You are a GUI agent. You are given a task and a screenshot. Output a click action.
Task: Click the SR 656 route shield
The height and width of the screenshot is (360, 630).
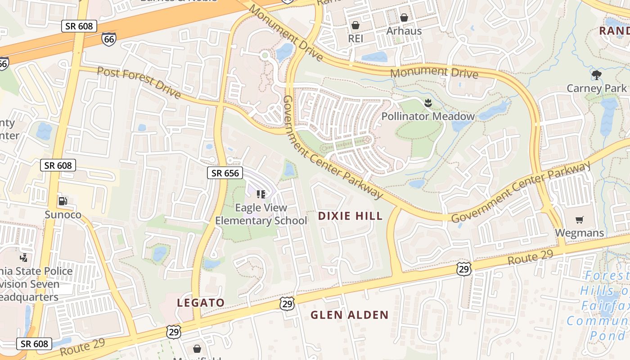(x=225, y=172)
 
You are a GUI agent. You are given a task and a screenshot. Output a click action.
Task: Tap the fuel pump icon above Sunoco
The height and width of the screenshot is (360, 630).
(x=63, y=201)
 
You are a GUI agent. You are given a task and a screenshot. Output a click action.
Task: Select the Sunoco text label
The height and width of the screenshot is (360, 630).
(x=63, y=215)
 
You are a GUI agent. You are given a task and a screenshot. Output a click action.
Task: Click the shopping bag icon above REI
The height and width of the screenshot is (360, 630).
(x=355, y=25)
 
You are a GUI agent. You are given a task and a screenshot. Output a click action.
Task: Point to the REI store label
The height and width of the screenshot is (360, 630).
(x=355, y=39)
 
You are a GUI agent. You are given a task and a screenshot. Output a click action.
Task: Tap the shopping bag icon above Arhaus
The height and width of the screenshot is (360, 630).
(x=404, y=18)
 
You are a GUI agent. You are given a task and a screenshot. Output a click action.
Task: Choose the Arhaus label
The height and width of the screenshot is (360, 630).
(x=404, y=31)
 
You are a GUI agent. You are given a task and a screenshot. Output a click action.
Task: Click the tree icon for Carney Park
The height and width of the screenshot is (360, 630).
(x=597, y=75)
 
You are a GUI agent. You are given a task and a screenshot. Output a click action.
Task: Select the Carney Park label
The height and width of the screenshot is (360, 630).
(x=596, y=88)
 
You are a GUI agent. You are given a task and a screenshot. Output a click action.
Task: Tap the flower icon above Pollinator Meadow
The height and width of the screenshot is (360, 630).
(x=428, y=103)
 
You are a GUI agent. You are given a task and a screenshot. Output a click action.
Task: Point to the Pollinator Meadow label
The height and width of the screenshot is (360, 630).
(x=428, y=117)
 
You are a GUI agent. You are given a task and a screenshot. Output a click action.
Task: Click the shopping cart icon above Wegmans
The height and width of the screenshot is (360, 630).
(x=579, y=220)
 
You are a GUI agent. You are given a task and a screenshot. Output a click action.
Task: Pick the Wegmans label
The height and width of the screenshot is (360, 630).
(x=579, y=233)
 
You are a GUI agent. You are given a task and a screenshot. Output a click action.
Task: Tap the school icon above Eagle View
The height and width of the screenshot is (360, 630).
(x=261, y=194)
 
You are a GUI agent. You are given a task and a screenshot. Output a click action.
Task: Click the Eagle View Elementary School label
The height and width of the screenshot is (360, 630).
(x=261, y=214)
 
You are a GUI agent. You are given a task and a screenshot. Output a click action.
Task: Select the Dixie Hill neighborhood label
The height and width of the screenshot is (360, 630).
(x=350, y=216)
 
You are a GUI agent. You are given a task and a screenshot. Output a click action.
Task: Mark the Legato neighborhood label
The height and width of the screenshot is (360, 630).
(x=201, y=303)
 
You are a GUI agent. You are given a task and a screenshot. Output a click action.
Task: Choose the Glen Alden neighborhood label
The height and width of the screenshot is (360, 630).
(x=349, y=315)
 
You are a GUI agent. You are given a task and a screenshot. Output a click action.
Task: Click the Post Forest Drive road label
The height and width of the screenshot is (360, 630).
(x=139, y=83)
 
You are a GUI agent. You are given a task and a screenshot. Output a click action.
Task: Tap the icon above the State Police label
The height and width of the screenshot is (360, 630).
(x=23, y=258)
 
